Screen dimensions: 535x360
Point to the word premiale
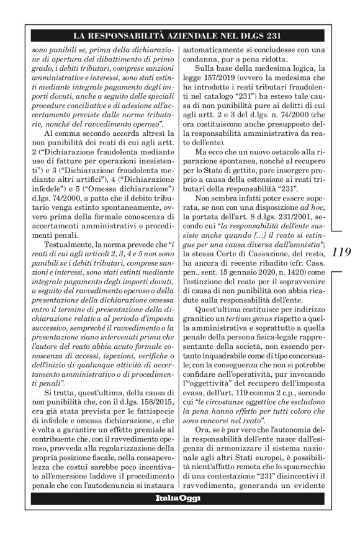pyautogui.click(x=146, y=418)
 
